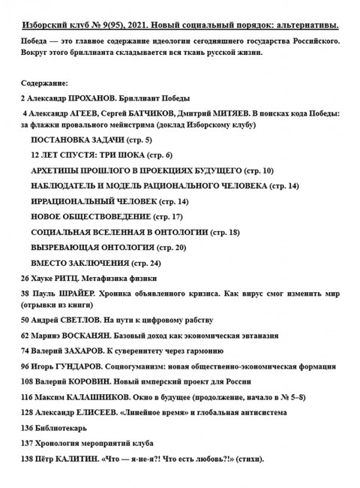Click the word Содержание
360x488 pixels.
tap(46, 83)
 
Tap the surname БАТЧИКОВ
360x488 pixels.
tap(160, 113)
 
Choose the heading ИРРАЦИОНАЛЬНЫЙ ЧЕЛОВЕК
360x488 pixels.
tap(94, 201)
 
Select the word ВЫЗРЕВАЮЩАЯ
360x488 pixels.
tap(68, 247)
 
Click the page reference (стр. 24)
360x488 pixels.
tap(146, 263)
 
